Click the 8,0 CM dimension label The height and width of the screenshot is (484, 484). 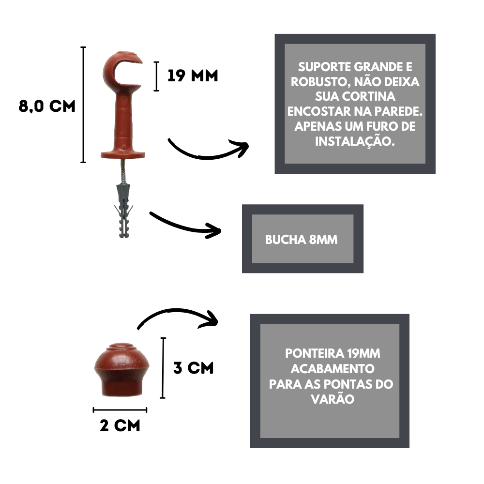[x=47, y=106]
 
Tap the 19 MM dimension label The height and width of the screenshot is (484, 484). [x=193, y=76]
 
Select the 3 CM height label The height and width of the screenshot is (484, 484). [x=193, y=368]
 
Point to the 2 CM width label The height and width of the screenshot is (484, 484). [x=120, y=425]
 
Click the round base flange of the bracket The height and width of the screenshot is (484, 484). [x=123, y=154]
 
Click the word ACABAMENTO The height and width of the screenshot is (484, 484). [x=333, y=368]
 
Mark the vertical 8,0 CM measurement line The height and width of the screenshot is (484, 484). [x=83, y=105]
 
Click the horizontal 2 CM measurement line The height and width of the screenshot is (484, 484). [x=120, y=410]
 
